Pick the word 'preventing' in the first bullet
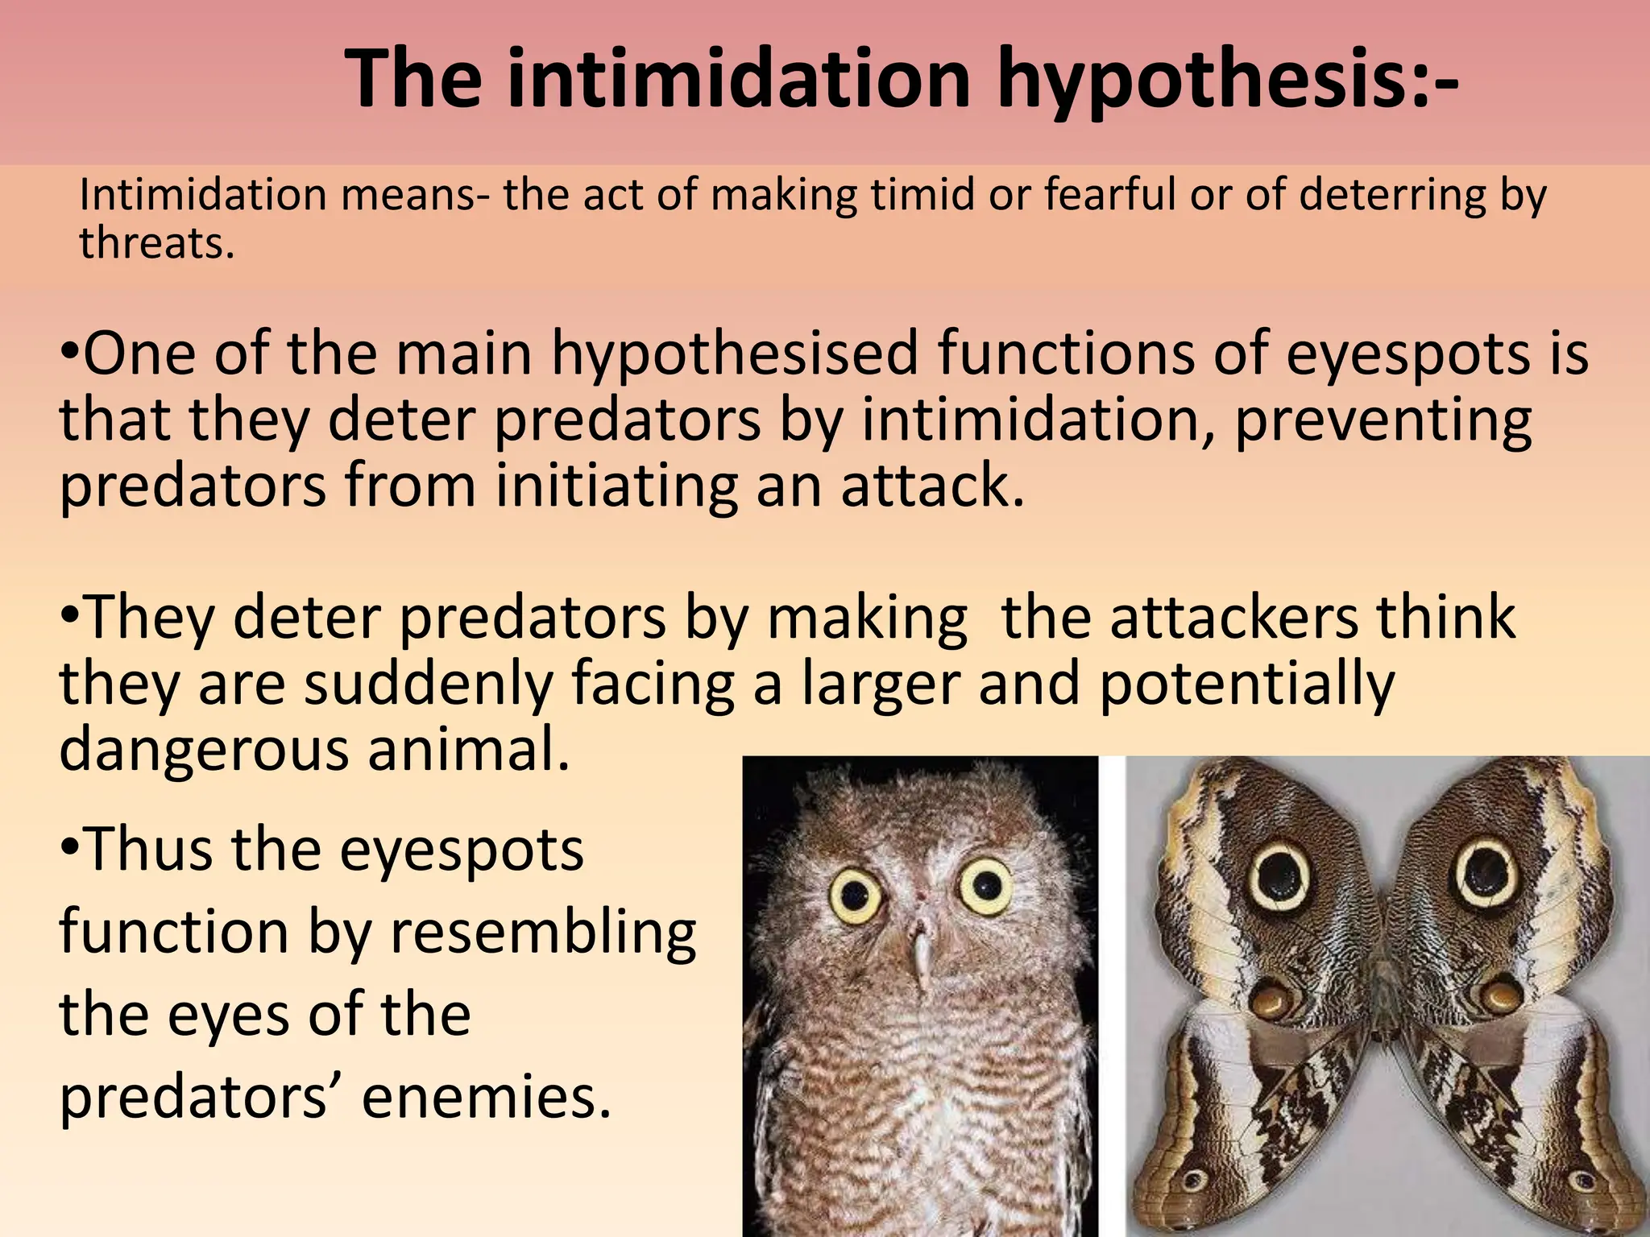tap(1383, 421)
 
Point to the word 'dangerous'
tap(205, 749)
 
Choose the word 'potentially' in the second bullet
tap(1246, 684)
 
